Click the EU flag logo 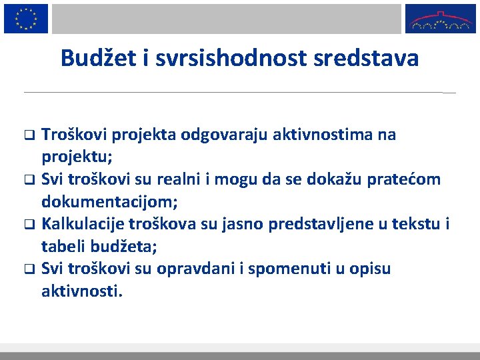pyautogui.click(x=26, y=18)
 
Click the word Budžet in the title pyautogui.click(x=97, y=59)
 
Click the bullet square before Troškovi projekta pyautogui.click(x=29, y=135)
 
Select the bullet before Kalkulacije pyautogui.click(x=29, y=225)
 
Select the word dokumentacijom pyautogui.click(x=109, y=202)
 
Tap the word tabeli pyautogui.click(x=61, y=247)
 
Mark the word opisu pyautogui.click(x=370, y=269)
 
